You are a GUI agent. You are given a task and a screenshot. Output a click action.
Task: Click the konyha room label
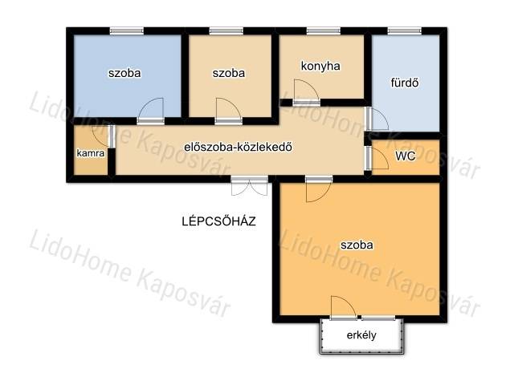click(x=320, y=66)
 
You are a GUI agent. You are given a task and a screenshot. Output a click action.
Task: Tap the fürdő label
click(x=405, y=83)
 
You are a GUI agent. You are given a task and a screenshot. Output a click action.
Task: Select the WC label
click(x=405, y=156)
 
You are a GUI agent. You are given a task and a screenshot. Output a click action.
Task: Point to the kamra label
click(x=91, y=153)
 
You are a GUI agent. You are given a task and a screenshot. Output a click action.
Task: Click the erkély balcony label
click(x=361, y=335)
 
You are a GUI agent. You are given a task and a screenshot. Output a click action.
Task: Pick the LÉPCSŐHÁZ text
click(x=218, y=221)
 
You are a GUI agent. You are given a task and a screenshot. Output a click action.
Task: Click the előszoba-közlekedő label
click(x=238, y=147)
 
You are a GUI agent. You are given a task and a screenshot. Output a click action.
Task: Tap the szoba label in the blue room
click(x=124, y=73)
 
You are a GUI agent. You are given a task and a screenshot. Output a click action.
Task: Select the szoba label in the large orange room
click(x=357, y=245)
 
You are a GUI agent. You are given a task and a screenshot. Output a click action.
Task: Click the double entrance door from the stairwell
click(x=250, y=187)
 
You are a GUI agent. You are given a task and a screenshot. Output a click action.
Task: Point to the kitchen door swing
click(x=307, y=89)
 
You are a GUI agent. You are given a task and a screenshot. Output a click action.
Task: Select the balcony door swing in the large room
click(x=344, y=306)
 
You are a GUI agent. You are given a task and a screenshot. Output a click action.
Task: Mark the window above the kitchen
click(x=323, y=31)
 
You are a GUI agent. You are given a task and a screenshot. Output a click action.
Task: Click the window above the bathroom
click(x=404, y=31)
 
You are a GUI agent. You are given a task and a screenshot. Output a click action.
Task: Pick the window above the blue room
click(x=127, y=31)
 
